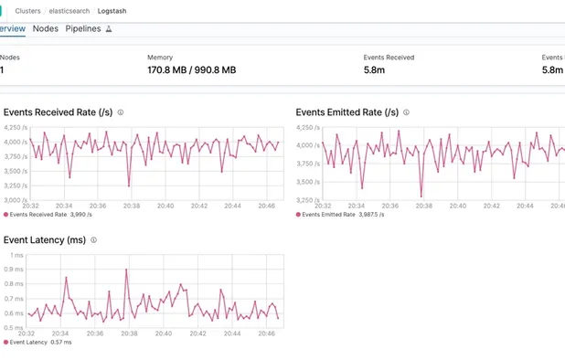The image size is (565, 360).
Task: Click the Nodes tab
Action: (45, 29)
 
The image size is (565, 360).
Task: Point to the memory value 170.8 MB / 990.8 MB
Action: (191, 69)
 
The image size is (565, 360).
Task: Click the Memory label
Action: (160, 57)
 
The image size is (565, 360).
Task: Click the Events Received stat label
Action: (389, 57)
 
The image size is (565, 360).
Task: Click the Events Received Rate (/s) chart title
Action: (59, 112)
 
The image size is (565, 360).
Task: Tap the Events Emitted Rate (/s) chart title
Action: (347, 112)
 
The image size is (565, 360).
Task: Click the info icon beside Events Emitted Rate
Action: (407, 112)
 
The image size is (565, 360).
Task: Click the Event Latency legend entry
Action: (29, 342)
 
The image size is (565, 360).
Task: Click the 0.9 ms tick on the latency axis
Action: (14, 270)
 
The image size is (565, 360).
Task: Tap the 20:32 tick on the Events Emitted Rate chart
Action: (323, 206)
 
